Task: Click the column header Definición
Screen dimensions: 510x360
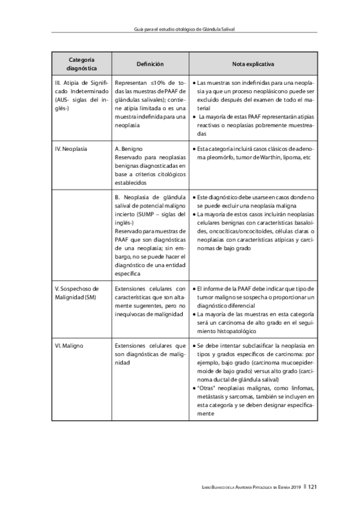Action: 150,63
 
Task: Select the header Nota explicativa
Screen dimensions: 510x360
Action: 253,63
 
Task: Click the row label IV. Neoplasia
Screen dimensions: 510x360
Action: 71,148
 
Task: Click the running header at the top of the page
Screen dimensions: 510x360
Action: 180,28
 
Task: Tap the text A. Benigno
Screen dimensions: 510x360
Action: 128,148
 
